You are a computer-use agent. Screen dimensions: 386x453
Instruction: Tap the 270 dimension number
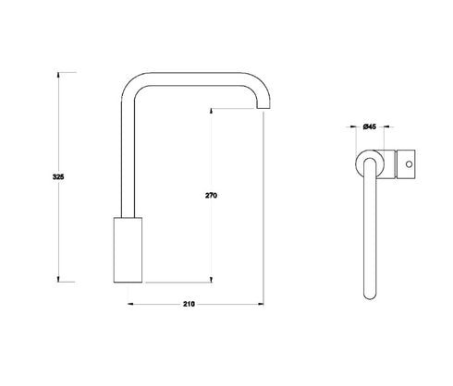coord(213,196)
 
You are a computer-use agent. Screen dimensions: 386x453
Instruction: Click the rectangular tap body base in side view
coord(128,248)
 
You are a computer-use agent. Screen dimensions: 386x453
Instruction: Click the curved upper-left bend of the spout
coord(132,85)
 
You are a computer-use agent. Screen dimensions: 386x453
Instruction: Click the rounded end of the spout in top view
coord(370,296)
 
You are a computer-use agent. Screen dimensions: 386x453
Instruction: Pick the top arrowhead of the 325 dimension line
coord(61,73)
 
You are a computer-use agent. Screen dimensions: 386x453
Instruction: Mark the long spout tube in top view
coord(370,231)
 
